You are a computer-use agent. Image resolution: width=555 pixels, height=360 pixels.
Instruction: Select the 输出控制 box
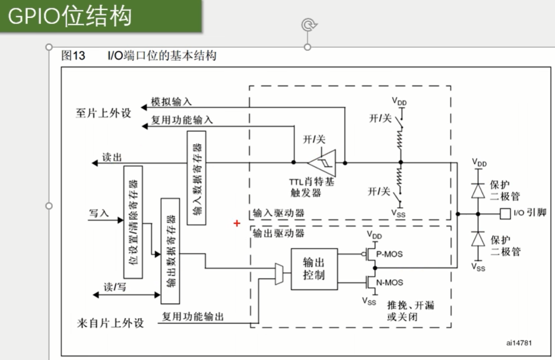coord(314,268)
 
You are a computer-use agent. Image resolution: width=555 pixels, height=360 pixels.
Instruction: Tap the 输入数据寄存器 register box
coord(197,178)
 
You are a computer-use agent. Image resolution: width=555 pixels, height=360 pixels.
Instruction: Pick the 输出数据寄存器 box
coord(171,243)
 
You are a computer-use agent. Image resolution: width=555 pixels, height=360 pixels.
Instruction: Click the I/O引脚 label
coord(530,213)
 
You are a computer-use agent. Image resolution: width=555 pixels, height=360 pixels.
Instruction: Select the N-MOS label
coord(390,282)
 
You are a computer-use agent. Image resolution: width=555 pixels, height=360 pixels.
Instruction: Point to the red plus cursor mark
coord(237,223)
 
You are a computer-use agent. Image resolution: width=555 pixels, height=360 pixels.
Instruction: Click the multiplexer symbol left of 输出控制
coord(279,274)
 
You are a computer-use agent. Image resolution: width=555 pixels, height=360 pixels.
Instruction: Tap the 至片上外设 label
coord(103,113)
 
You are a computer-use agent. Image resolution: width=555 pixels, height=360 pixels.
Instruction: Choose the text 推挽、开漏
coord(411,306)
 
